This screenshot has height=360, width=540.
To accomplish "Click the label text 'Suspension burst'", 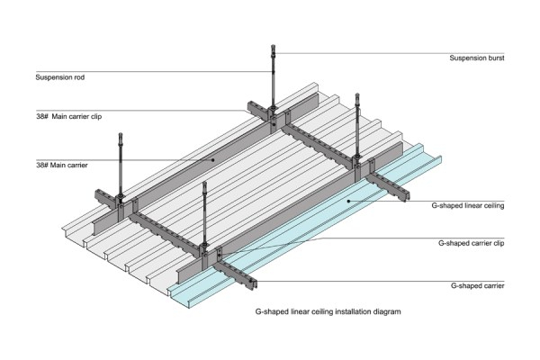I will pyautogui.click(x=477, y=58).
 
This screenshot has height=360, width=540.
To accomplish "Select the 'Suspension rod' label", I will pyautogui.click(x=59, y=77).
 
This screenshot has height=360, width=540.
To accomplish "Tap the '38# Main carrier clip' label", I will pyautogui.click(x=71, y=117).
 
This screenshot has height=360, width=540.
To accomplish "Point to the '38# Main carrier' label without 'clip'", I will pyautogui.click(x=65, y=166).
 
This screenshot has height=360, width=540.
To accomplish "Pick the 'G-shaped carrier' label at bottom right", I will pyautogui.click(x=477, y=285).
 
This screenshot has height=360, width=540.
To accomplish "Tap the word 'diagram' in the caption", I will pyautogui.click(x=384, y=311).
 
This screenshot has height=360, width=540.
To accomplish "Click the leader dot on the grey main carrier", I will pyautogui.click(x=212, y=159).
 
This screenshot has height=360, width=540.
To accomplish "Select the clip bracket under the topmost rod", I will pyautogui.click(x=271, y=113).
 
